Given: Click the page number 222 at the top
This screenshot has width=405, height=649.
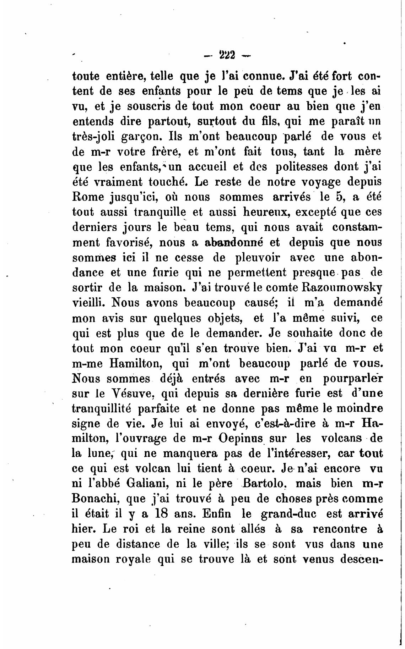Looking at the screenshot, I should click(x=227, y=55).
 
